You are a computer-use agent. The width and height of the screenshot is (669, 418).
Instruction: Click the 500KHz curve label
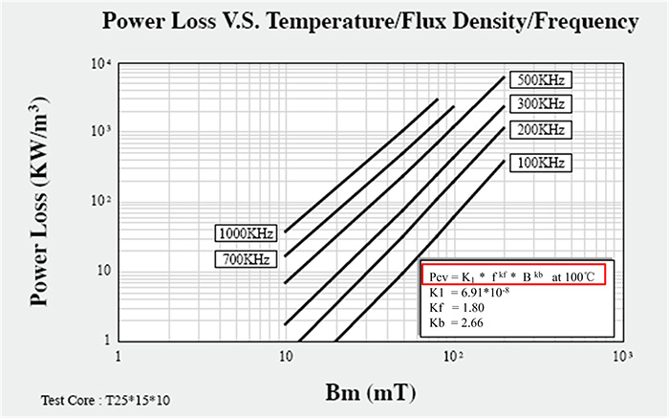[539, 79]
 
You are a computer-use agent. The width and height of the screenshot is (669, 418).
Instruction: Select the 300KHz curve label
[539, 103]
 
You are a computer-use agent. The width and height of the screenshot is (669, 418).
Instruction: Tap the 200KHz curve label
[539, 129]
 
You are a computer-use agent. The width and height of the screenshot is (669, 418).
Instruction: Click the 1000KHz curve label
[246, 233]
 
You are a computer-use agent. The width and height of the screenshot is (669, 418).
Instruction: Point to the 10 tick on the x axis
[285, 356]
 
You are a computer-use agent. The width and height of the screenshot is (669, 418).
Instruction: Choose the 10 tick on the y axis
[97, 271]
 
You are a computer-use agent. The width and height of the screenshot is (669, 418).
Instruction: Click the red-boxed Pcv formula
[513, 275]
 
